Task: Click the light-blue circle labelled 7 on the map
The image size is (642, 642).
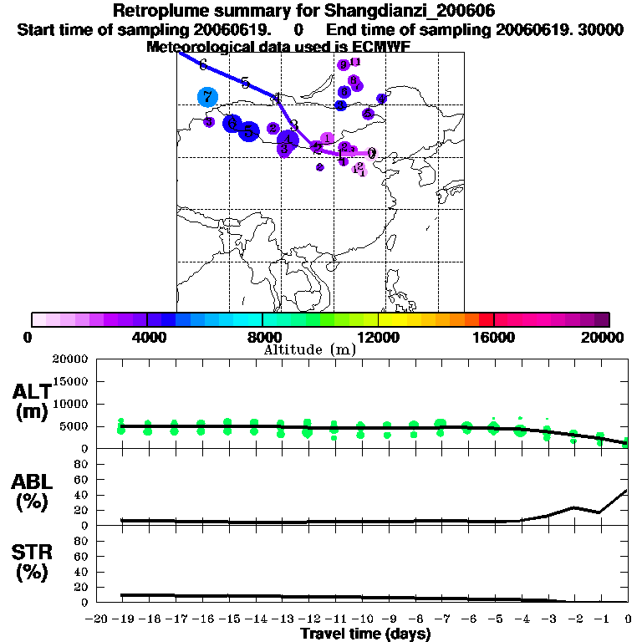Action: point(207,96)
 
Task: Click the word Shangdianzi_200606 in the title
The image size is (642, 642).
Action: point(400,12)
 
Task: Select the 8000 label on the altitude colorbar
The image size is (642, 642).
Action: point(262,337)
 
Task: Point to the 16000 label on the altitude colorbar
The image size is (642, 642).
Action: point(493,337)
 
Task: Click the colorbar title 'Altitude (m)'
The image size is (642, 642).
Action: point(310,349)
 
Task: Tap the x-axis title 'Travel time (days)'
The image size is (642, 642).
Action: point(365,634)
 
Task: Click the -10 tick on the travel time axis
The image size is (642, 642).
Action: point(360,619)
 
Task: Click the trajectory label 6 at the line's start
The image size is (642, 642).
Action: point(202,64)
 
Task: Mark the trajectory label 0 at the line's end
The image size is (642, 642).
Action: point(372,153)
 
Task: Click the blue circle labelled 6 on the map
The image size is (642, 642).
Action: point(232,123)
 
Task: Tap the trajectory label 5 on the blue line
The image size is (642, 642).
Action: point(245,83)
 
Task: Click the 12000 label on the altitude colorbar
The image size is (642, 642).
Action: point(378,337)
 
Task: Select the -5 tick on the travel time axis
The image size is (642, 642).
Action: point(493,619)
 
